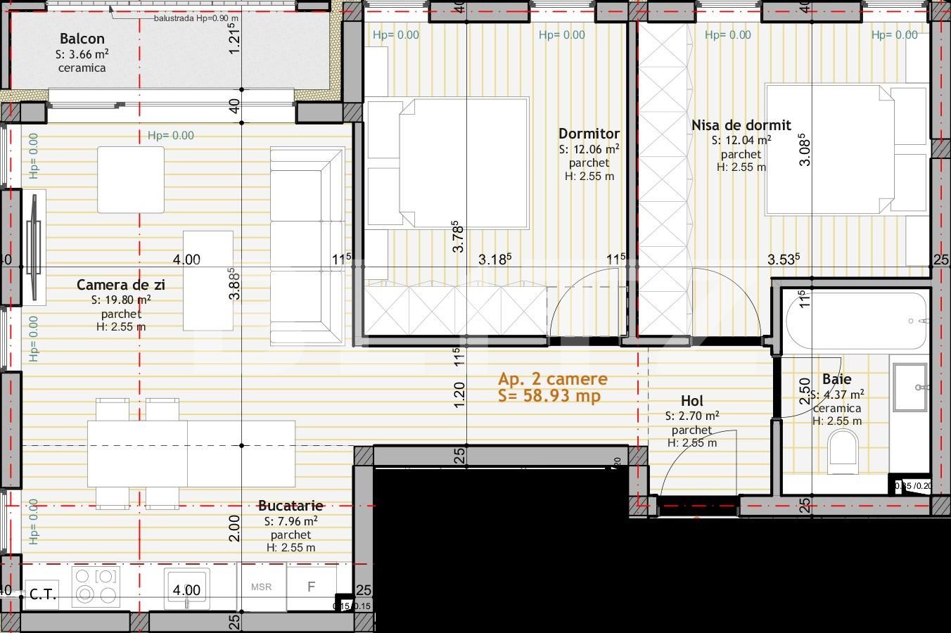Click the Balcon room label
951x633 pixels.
(x=82, y=39)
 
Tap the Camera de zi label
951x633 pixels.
(x=121, y=285)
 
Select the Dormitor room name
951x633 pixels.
(x=589, y=134)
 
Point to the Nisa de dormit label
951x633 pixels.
(x=741, y=125)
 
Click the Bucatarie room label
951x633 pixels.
(x=291, y=506)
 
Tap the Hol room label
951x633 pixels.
(x=692, y=402)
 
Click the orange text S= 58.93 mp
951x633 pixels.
(x=549, y=396)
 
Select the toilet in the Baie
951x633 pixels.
(x=843, y=450)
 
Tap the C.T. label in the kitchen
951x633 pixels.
(x=43, y=595)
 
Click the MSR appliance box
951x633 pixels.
(x=261, y=587)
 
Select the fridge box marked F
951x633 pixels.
(x=311, y=587)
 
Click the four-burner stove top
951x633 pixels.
(x=95, y=587)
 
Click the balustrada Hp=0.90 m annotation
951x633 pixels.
(x=196, y=18)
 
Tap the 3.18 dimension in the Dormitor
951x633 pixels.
(x=494, y=260)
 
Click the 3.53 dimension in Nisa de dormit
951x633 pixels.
(x=783, y=260)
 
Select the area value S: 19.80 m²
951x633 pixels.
(x=121, y=300)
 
